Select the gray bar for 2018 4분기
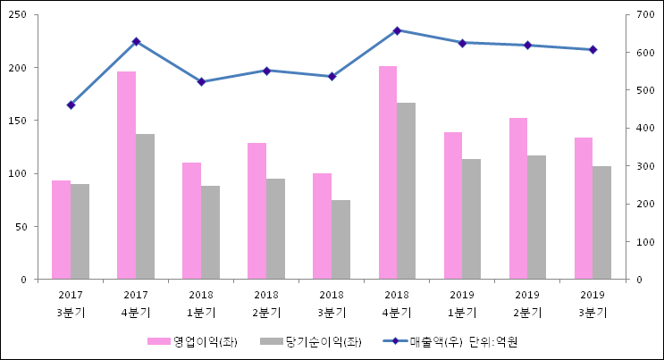click(x=406, y=191)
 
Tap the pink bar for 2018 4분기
click(x=388, y=172)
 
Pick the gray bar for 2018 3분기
click(x=340, y=239)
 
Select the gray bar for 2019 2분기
click(x=536, y=217)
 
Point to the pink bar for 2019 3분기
click(x=584, y=208)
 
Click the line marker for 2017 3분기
click(x=71, y=105)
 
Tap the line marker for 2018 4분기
click(x=397, y=30)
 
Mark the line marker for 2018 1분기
click(x=201, y=82)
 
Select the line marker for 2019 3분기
click(x=593, y=49)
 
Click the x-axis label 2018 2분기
click(x=266, y=304)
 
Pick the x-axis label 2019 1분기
click(x=462, y=304)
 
